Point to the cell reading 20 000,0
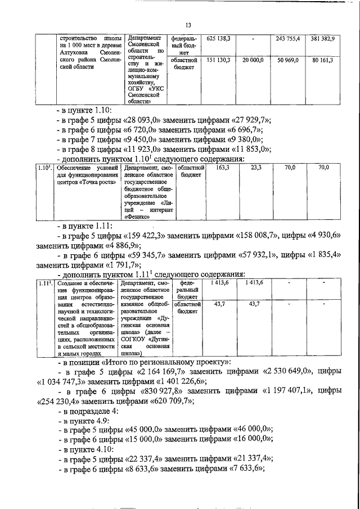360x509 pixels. pos(253,59)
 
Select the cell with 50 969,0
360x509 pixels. pos(287,59)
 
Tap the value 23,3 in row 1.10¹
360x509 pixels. pos(257,168)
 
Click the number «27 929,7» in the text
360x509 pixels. pos(250,120)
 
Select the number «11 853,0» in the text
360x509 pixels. pos(250,150)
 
